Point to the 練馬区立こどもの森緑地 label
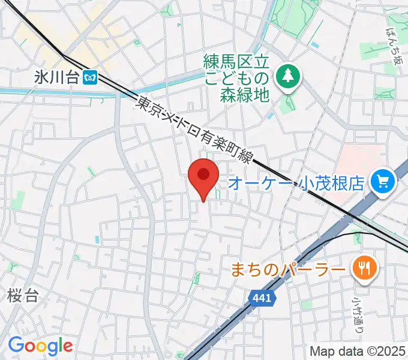(x=238, y=77)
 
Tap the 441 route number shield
(x=262, y=298)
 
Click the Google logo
(x=40, y=346)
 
